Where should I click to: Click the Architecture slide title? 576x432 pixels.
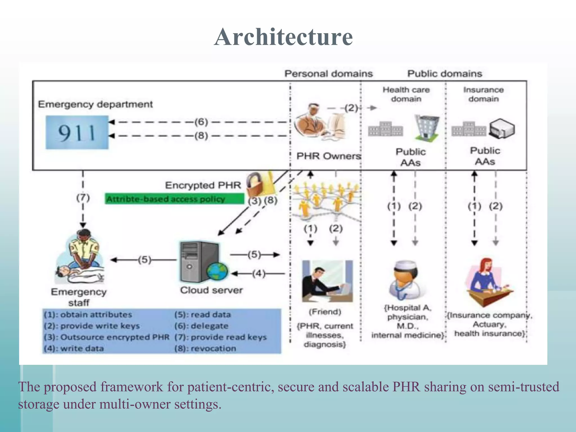coord(283,37)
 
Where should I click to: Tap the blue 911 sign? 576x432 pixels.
coord(77,132)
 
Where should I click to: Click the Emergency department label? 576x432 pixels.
coord(95,104)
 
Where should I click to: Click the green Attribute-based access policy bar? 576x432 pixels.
coord(174,199)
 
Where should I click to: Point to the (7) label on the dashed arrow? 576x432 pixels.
coord(83,198)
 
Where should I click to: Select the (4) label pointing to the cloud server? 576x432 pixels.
coord(258,273)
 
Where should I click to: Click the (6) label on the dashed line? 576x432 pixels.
coord(201,122)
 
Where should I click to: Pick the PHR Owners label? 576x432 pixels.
coord(328,156)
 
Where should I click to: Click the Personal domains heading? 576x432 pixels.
coord(328,74)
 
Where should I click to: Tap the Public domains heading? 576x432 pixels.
coord(445,74)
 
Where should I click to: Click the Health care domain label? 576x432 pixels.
coord(406,94)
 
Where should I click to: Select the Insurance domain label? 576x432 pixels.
coord(483,94)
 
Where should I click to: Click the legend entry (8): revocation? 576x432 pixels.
coord(205,348)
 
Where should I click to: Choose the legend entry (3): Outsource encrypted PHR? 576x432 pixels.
coord(107,337)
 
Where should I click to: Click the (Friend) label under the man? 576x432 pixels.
coord(325,312)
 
